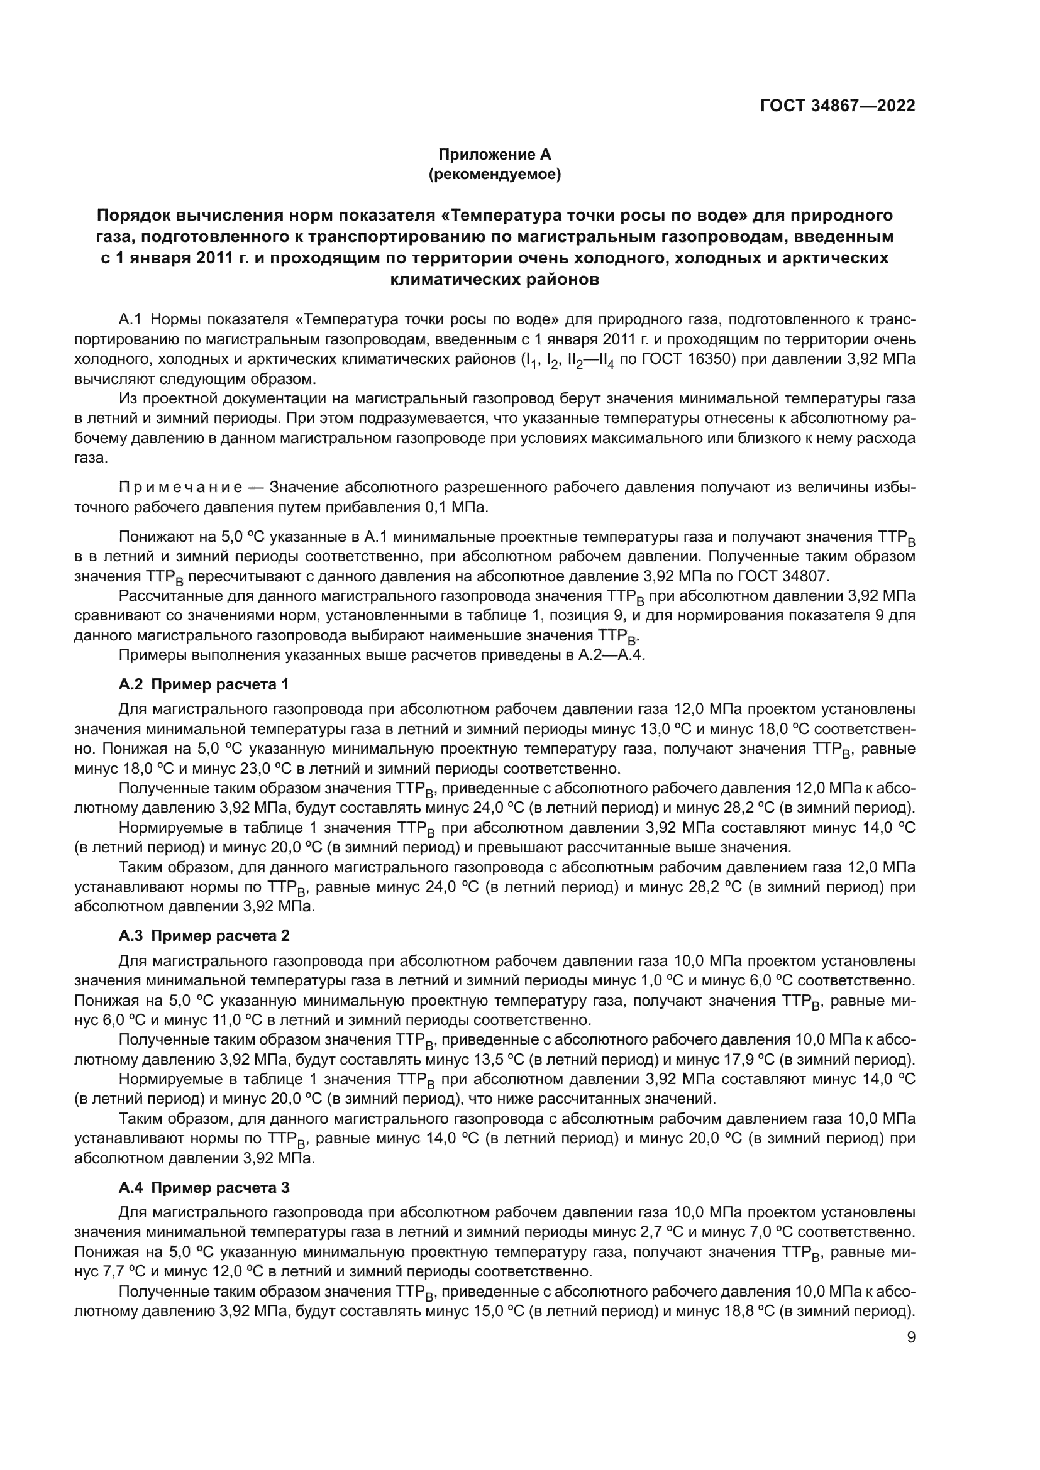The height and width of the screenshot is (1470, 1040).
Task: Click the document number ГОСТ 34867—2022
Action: click(837, 106)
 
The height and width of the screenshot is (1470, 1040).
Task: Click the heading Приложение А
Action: click(494, 155)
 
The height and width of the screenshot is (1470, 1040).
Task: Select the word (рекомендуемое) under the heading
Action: click(494, 175)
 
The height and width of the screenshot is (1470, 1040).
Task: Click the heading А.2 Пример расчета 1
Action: click(204, 684)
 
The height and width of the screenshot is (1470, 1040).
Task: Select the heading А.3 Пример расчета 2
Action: click(204, 936)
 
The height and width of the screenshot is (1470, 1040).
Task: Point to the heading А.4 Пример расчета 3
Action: click(204, 1188)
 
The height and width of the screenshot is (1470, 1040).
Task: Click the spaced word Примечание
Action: click(180, 487)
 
